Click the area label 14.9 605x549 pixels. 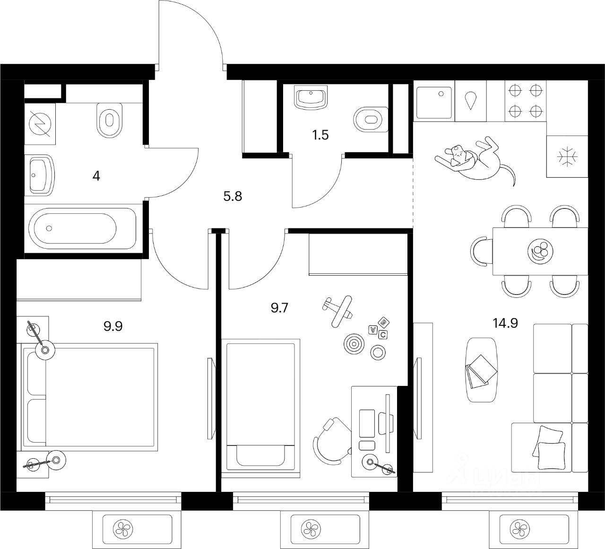point(505,323)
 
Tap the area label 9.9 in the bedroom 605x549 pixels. point(113,326)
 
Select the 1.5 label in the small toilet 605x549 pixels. point(320,135)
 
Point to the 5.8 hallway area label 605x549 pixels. point(233,196)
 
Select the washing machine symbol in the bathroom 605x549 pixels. point(40,124)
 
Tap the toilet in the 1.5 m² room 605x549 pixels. point(371,118)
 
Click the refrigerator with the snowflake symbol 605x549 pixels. point(566,157)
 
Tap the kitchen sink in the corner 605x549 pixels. point(434,101)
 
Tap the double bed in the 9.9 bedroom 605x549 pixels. point(90,396)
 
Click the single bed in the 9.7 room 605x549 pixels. point(261,404)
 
